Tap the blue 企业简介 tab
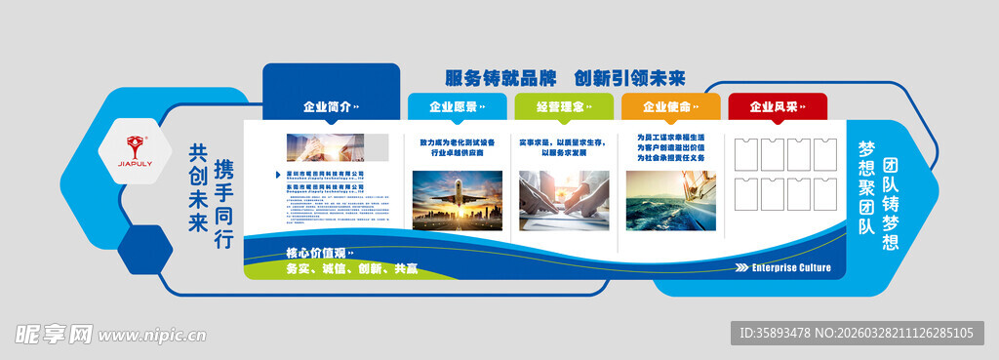[331, 106]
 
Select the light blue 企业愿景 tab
[457, 106]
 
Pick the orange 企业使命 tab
[670, 106]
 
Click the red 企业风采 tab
[777, 106]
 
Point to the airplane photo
[458, 201]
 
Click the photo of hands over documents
[564, 201]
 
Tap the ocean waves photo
[670, 201]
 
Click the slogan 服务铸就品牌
[500, 78]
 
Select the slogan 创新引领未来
[629, 78]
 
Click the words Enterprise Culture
[791, 266]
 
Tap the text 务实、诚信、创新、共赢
[351, 268]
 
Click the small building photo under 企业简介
[324, 147]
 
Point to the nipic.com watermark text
[151, 336]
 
